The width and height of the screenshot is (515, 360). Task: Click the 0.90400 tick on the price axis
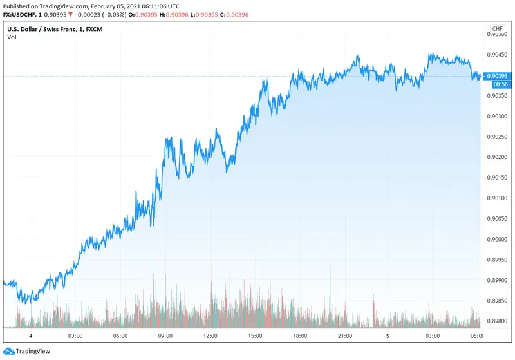498,75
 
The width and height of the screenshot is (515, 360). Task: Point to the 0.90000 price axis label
498,240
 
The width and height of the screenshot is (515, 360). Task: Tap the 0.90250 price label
498,137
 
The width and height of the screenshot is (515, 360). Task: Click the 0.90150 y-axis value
498,178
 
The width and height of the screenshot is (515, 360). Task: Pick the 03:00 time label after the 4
75,336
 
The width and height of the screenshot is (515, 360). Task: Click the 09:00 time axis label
165,336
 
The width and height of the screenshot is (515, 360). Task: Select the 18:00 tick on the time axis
299,336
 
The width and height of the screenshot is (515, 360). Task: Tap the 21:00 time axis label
344,336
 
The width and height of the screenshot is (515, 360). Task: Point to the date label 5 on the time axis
388,336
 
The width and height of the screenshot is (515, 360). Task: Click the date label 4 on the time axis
31,336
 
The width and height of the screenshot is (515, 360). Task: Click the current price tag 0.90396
498,77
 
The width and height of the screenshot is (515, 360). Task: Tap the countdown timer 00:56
498,84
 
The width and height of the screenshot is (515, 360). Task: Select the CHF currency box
497,29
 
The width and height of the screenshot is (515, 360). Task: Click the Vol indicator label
12,37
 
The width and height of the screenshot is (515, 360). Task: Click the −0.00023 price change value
114,14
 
